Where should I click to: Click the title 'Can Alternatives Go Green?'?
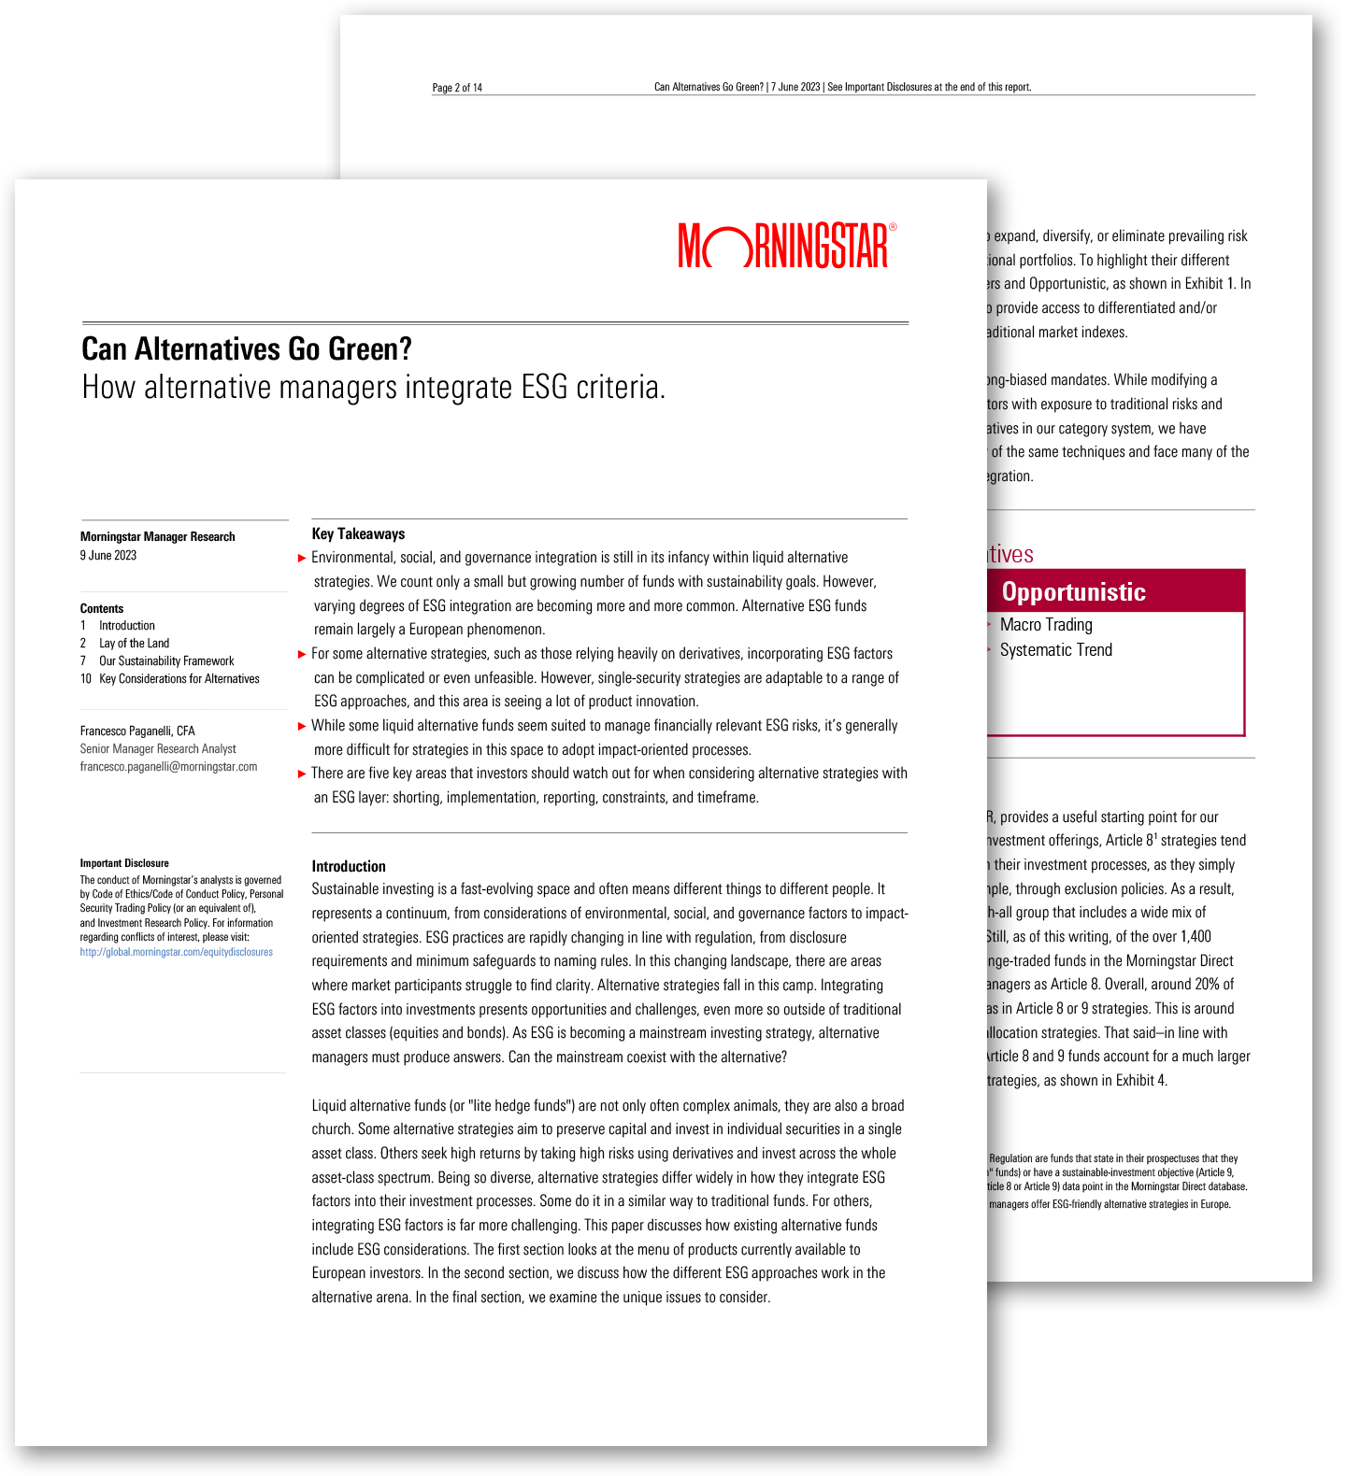click(x=247, y=349)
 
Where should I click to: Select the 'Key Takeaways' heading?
click(x=358, y=534)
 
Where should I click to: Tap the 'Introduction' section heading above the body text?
click(x=349, y=867)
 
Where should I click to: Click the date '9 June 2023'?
click(x=108, y=556)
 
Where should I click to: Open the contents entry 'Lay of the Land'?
click(x=135, y=644)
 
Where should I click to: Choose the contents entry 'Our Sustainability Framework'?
click(x=166, y=661)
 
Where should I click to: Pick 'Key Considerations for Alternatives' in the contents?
click(x=179, y=679)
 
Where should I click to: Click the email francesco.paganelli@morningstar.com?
click(x=168, y=767)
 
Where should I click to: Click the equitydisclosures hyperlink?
click(x=177, y=952)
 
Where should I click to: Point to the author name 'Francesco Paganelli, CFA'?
click(x=137, y=731)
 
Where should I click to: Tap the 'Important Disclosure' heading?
click(x=124, y=864)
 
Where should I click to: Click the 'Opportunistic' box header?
click(x=1073, y=592)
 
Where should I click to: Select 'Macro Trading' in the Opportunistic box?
click(x=1046, y=625)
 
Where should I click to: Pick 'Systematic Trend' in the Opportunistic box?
click(x=1056, y=650)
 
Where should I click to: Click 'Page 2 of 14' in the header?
click(x=457, y=88)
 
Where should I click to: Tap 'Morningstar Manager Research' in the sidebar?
click(x=158, y=537)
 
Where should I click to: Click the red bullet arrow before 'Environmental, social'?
click(x=302, y=559)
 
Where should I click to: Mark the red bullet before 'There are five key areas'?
click(x=302, y=773)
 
